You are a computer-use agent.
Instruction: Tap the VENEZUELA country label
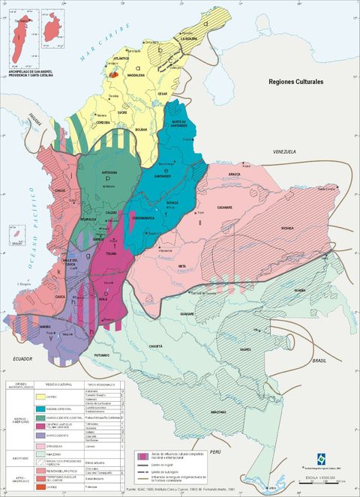click(x=286, y=152)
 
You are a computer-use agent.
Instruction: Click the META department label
click(x=182, y=265)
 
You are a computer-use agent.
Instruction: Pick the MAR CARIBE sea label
click(x=88, y=37)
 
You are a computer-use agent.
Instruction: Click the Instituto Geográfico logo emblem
click(x=322, y=460)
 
